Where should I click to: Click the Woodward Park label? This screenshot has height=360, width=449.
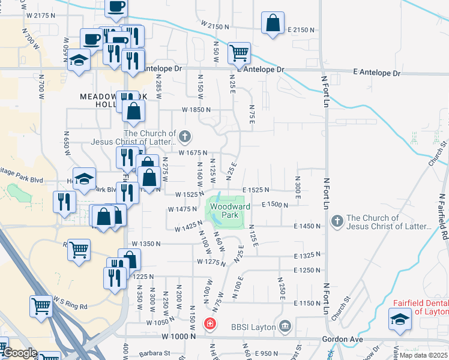tap(226, 210)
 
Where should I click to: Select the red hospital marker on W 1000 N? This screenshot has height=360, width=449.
tap(209, 325)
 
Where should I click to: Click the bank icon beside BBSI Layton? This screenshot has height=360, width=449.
tap(285, 326)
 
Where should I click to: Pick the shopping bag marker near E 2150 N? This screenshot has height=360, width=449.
tap(273, 24)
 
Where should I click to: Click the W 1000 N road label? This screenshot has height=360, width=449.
tap(178, 337)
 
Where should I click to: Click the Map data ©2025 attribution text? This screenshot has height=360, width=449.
tap(424, 355)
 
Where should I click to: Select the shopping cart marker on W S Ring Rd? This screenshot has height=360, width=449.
tap(41, 305)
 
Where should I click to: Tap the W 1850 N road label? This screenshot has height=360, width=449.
tap(197, 110)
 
